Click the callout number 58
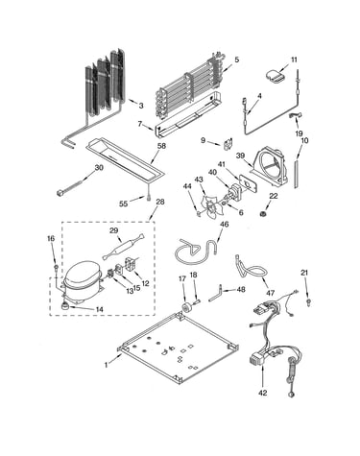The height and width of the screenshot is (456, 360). (162, 146)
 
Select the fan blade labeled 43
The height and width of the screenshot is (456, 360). (209, 205)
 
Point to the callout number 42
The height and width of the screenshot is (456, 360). (263, 394)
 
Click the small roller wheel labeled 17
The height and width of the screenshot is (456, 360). (186, 306)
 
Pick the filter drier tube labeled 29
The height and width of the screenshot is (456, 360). (124, 248)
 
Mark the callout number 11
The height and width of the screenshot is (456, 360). (294, 60)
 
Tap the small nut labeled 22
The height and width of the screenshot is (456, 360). (265, 213)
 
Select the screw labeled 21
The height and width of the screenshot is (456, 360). (308, 301)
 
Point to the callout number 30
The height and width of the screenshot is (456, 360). (99, 167)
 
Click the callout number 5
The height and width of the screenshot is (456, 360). (237, 60)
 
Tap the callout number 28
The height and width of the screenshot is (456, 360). (160, 202)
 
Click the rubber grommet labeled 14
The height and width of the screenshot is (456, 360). (66, 306)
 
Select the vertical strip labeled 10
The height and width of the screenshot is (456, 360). (297, 174)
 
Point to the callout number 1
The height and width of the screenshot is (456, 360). (107, 365)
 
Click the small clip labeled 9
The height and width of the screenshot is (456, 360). (228, 143)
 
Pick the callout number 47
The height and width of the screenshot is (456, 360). (271, 293)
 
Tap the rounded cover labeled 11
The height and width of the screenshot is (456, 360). (276, 78)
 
